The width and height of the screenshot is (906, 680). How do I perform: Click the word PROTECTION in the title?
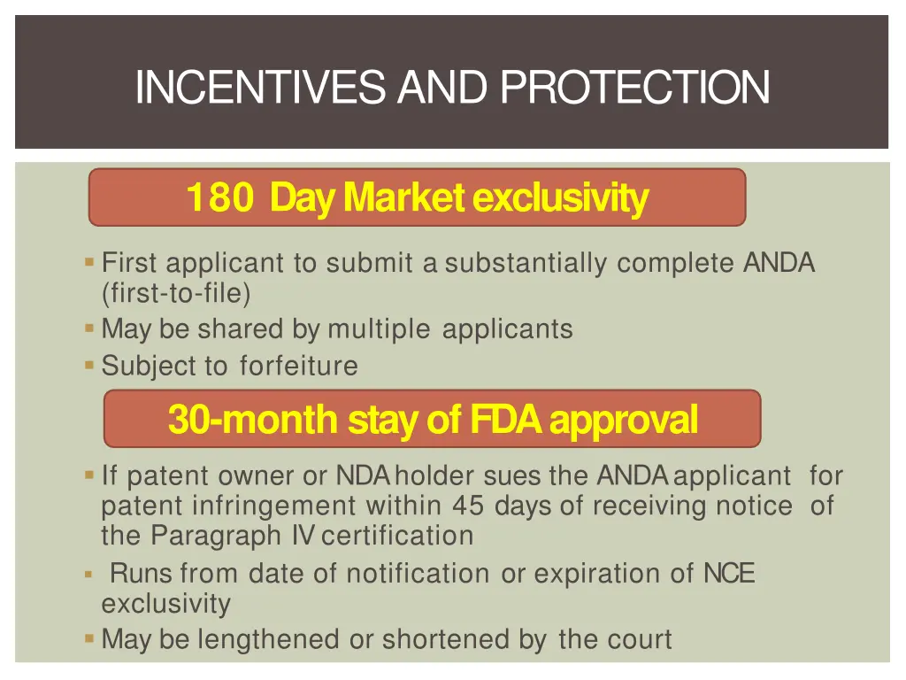click(634, 87)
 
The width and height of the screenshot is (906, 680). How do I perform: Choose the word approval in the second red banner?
click(623, 420)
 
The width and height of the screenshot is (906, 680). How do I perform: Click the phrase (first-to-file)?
click(176, 292)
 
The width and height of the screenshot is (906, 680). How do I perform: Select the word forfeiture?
click(298, 366)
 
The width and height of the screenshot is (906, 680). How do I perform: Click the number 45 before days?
click(469, 506)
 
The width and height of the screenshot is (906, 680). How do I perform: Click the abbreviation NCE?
click(729, 574)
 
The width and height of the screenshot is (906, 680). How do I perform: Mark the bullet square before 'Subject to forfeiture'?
click(89, 364)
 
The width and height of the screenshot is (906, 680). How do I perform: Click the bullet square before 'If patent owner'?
click(89, 475)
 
